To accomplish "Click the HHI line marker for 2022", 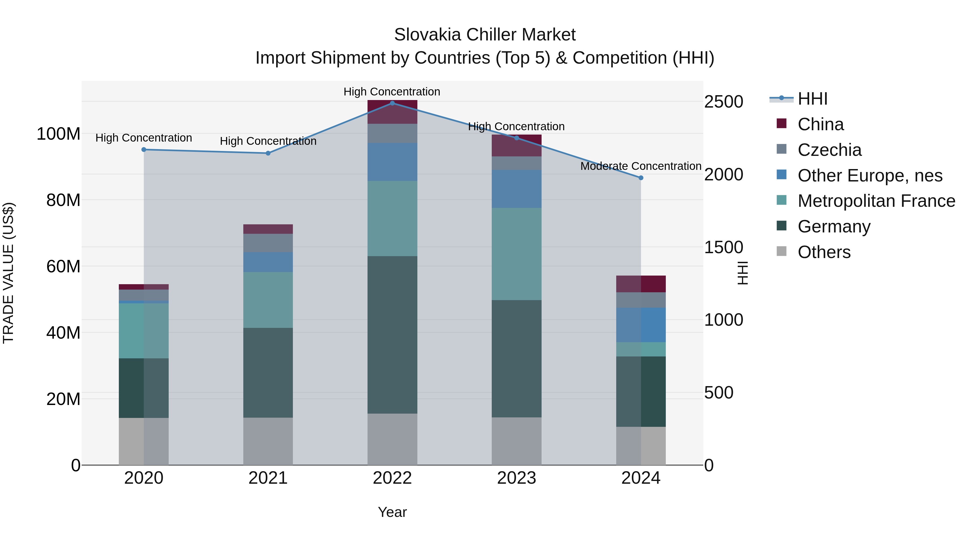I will tap(392, 103).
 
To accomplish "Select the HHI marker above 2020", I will tap(143, 150).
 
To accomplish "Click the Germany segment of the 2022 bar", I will tap(392, 335).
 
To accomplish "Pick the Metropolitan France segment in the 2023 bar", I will tap(516, 254).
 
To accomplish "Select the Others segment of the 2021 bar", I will tap(268, 441).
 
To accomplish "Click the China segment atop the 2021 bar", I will tap(268, 229).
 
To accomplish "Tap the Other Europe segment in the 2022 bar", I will tap(392, 162).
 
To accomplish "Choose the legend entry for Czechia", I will tap(829, 150).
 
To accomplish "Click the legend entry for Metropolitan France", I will tap(876, 201).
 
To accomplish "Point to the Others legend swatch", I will tap(781, 251).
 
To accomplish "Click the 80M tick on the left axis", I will tap(63, 200).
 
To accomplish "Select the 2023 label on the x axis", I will tap(516, 478).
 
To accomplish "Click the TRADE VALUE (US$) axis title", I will tap(8, 273).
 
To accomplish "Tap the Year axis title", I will tap(392, 512).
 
